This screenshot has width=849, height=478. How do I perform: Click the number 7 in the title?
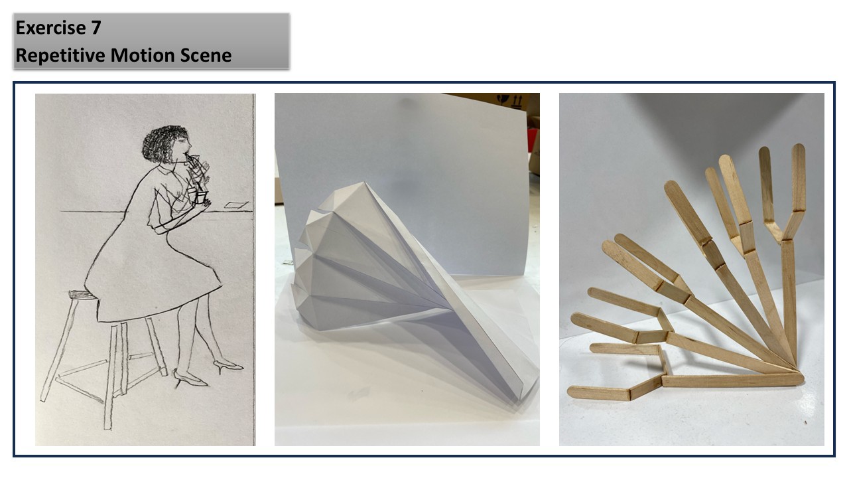click(96, 28)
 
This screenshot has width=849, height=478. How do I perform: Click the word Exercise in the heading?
click(51, 28)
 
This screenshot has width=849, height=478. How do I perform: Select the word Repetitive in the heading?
click(60, 56)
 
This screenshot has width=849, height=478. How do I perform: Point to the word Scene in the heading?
click(206, 56)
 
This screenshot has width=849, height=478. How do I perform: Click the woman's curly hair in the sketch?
click(163, 144)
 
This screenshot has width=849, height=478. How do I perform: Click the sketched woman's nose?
click(190, 145)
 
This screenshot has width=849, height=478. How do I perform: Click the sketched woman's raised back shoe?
click(228, 366)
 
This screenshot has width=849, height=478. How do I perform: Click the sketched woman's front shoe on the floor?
click(190, 378)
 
